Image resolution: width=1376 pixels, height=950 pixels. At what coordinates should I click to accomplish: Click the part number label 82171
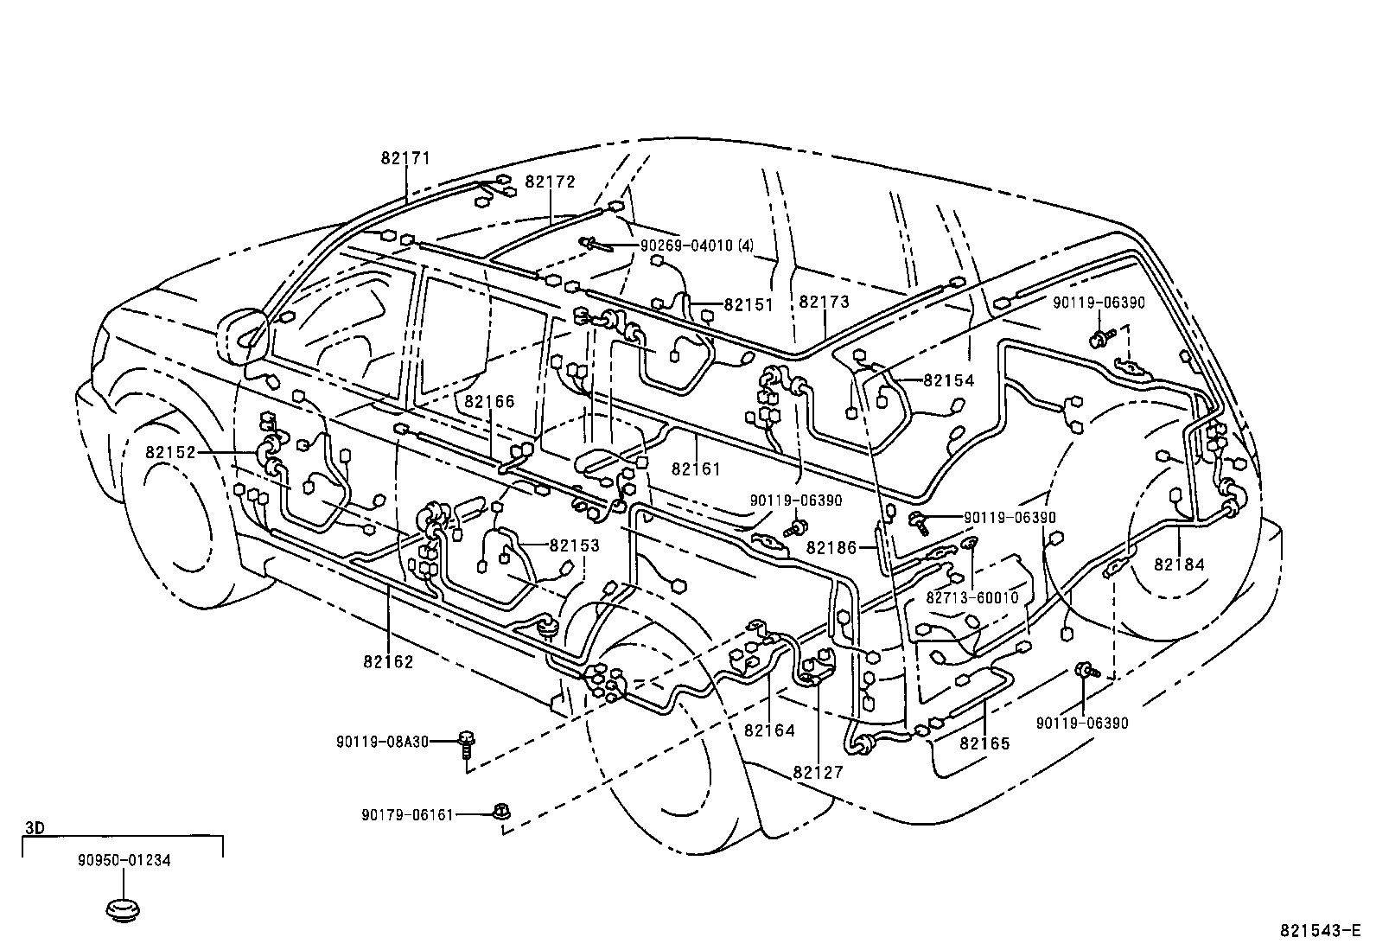pyautogui.click(x=405, y=158)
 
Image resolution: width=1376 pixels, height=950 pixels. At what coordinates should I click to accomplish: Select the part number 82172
pyautogui.click(x=550, y=182)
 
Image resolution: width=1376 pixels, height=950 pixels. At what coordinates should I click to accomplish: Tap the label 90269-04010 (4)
pyautogui.click(x=697, y=245)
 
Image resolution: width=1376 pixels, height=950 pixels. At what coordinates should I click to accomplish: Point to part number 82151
pyautogui.click(x=749, y=304)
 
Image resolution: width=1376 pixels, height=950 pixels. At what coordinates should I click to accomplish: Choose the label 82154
pyautogui.click(x=948, y=380)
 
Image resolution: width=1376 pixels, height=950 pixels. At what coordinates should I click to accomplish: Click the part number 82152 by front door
pyautogui.click(x=170, y=452)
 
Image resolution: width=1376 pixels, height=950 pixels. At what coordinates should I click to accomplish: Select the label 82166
pyautogui.click(x=489, y=401)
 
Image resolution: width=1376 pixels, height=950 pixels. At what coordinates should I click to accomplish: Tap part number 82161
pyautogui.click(x=696, y=469)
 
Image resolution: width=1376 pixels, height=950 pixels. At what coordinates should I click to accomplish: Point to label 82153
pyautogui.click(x=574, y=545)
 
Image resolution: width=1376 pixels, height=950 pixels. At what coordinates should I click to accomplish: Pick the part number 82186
pyautogui.click(x=831, y=547)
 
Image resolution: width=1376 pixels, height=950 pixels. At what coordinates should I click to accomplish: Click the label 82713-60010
pyautogui.click(x=972, y=597)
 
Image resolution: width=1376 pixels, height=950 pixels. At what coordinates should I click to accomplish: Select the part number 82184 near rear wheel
pyautogui.click(x=1179, y=564)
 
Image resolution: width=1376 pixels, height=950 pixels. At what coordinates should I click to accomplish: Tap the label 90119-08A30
pyautogui.click(x=383, y=741)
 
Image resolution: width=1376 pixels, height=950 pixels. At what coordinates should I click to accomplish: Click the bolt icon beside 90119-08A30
pyautogui.click(x=468, y=745)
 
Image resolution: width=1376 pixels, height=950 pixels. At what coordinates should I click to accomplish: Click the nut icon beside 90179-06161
pyautogui.click(x=500, y=812)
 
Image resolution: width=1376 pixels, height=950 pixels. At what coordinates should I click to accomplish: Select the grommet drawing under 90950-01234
pyautogui.click(x=123, y=910)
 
